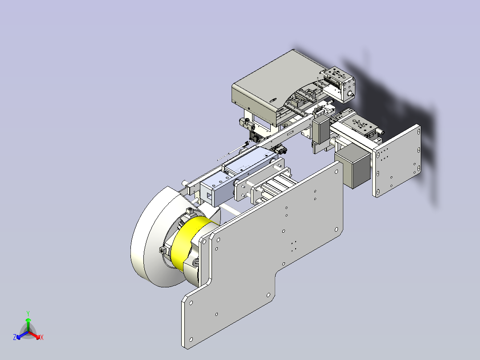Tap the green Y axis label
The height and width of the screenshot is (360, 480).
coord(28,313)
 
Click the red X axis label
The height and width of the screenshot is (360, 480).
coord(42,337)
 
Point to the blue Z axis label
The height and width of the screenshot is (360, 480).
coord(15,337)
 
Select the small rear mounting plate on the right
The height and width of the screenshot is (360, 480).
coord(396,160)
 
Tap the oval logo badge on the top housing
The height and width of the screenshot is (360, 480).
coord(273,99)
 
